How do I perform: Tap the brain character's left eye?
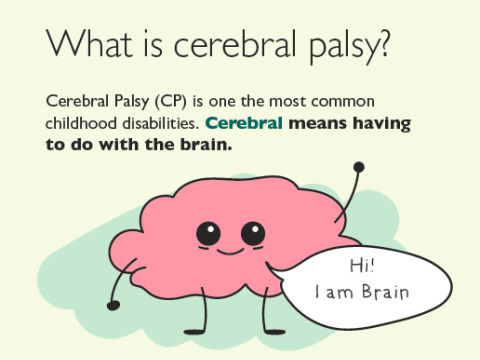(209, 234)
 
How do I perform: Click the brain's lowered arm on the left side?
(118, 285)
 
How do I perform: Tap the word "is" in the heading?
(146, 44)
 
